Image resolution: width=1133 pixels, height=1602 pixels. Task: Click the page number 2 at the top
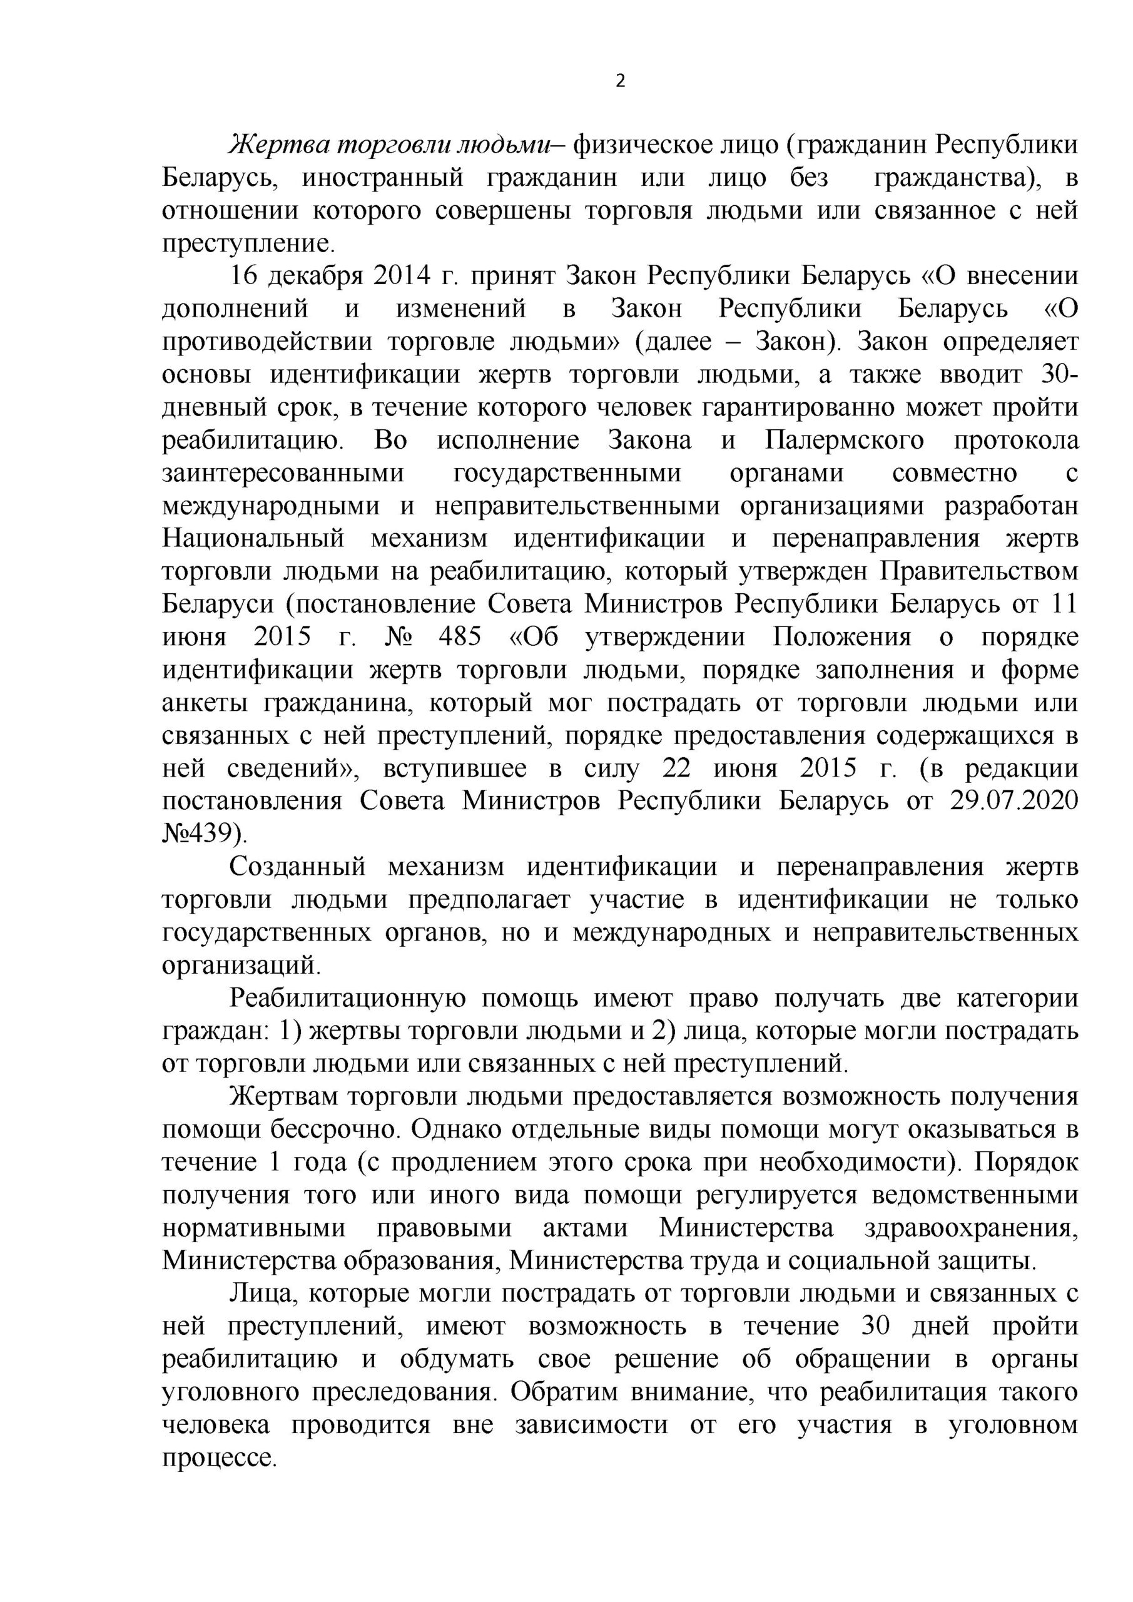(x=620, y=81)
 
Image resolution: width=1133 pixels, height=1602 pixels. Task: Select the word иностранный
(x=383, y=178)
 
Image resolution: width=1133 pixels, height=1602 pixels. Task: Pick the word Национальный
(x=254, y=539)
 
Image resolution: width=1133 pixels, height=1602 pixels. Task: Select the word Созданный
(x=298, y=867)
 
